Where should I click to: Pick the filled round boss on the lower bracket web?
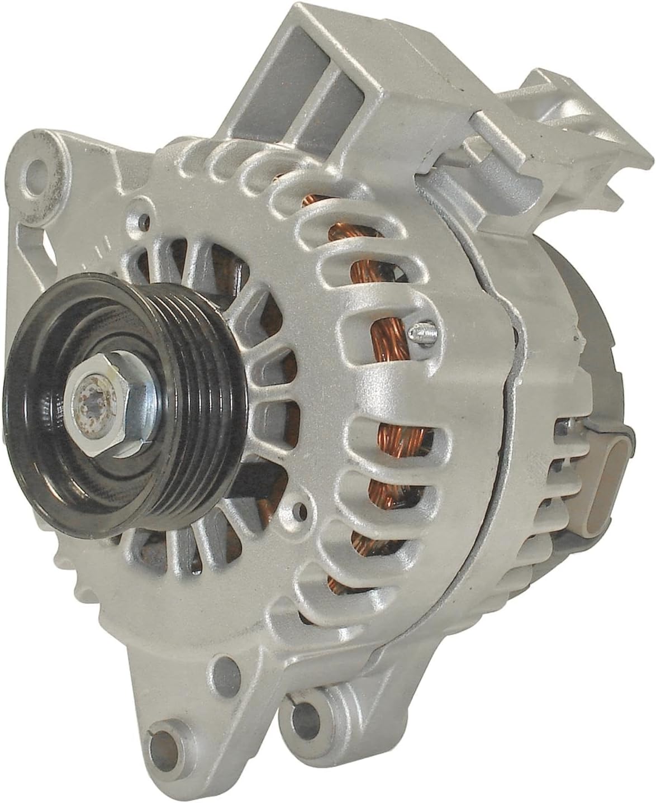point(223,665)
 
